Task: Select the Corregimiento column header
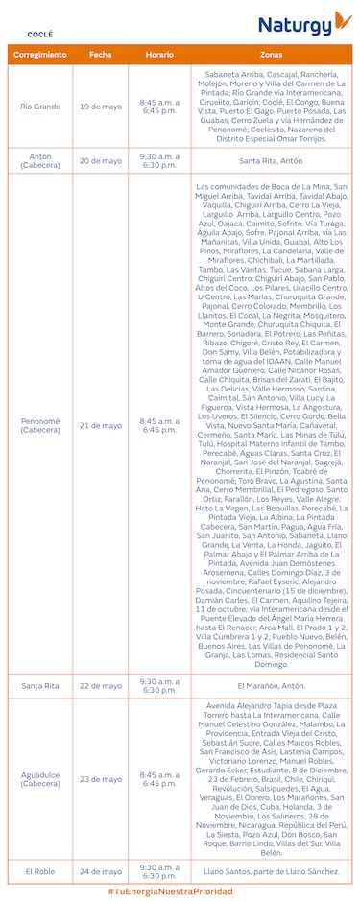click(40, 55)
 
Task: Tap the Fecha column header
click(101, 55)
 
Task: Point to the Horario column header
click(158, 55)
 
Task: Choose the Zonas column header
click(271, 55)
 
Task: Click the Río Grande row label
click(40, 106)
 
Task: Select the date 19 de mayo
click(101, 106)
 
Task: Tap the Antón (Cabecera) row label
click(40, 160)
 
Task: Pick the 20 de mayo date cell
click(101, 160)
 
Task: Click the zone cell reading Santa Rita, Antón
click(271, 160)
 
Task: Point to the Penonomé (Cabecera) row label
click(40, 425)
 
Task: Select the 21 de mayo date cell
click(101, 425)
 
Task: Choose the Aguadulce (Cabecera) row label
click(40, 779)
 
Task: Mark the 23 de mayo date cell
click(101, 779)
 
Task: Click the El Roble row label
click(40, 871)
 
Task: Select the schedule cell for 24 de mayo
click(158, 871)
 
